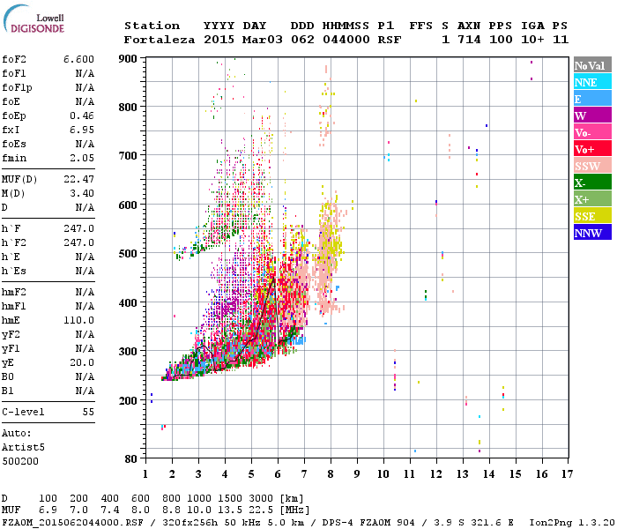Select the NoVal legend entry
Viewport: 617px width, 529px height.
tap(591, 66)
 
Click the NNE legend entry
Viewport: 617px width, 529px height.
tap(591, 82)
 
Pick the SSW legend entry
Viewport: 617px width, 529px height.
tap(591, 166)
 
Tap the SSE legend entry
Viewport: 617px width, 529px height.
tap(591, 216)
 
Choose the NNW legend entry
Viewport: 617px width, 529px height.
tap(591, 233)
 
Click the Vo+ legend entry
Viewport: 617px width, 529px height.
tap(591, 149)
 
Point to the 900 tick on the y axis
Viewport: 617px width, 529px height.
tap(130, 58)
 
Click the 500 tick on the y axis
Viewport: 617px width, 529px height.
tap(130, 254)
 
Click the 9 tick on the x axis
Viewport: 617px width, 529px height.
tap(357, 473)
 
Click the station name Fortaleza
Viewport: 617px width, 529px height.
tap(160, 40)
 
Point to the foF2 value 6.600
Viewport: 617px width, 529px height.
tap(78, 59)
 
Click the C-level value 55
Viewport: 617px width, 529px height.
tap(88, 412)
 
